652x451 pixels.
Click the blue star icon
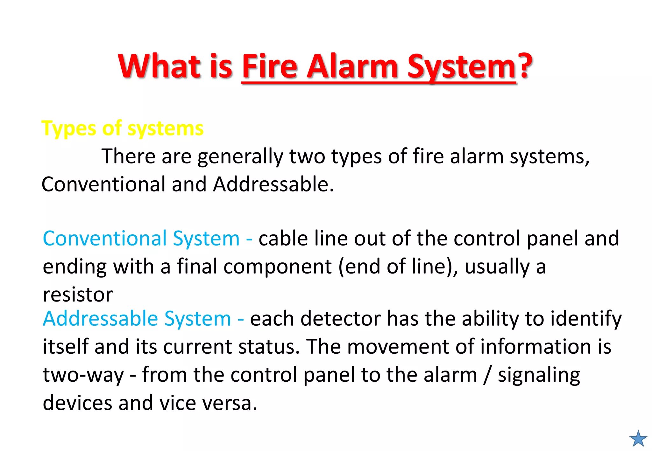(638, 439)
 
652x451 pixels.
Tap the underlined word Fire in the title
(270, 66)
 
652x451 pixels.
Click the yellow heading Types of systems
(122, 129)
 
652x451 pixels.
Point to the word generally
(240, 156)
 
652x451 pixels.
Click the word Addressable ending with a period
(273, 184)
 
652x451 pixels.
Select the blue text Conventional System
(141, 239)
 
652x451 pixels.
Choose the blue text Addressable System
(137, 319)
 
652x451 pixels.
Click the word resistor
(78, 295)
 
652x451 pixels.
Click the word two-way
(83, 375)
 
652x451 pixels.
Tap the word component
(278, 267)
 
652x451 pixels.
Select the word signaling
(539, 375)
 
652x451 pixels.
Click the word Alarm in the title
(352, 66)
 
